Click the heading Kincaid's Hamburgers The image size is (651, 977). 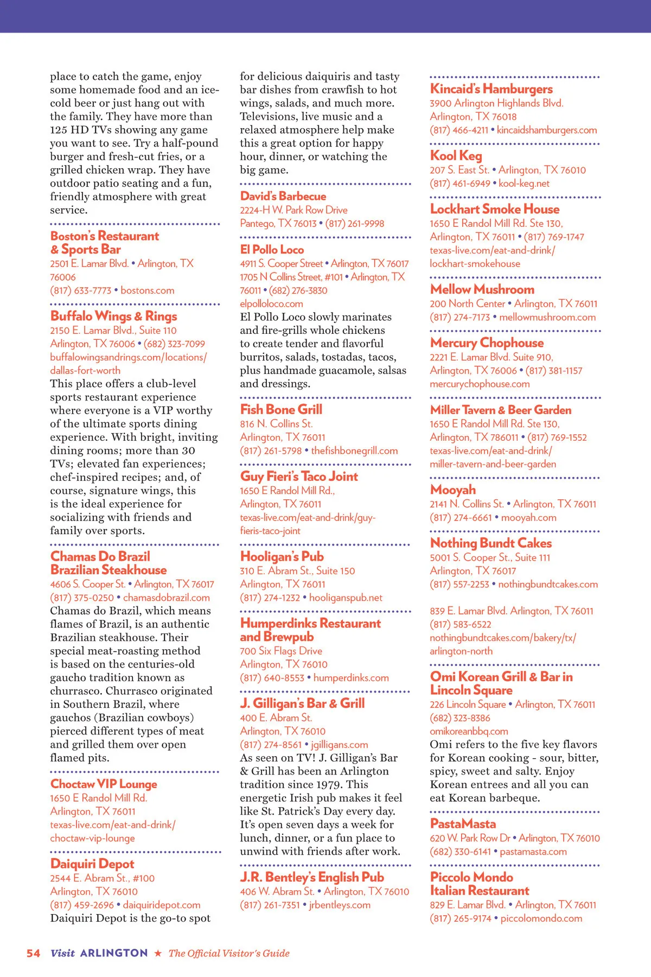[x=491, y=89]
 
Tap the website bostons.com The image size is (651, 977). [x=148, y=290]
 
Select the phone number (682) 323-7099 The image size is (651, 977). [x=174, y=344]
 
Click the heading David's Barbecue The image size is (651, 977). [x=283, y=196]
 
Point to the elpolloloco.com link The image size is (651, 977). [x=271, y=304]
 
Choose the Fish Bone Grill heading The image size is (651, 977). [x=281, y=410]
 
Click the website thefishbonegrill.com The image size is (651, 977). [x=354, y=451]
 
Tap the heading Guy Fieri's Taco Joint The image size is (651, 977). [x=299, y=477]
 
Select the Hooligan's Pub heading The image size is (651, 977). [x=282, y=557]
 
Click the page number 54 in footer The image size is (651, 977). [x=34, y=953]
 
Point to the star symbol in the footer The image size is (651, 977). [x=158, y=953]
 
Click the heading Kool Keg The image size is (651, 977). [x=456, y=156]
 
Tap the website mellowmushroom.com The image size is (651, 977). [x=547, y=318]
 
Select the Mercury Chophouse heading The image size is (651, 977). [x=487, y=343]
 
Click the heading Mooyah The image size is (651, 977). [x=452, y=490]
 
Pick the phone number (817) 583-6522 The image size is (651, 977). [x=461, y=625]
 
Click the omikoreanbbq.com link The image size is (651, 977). [x=469, y=732]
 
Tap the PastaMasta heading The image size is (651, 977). [x=463, y=824]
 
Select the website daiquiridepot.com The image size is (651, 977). [x=162, y=905]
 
